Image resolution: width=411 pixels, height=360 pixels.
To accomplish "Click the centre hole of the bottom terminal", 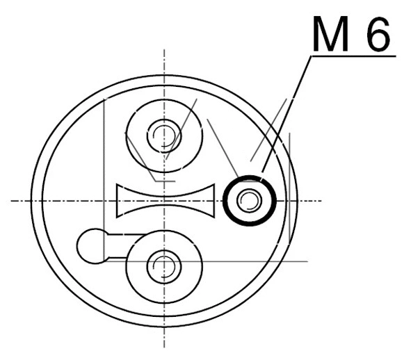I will coord(165,265).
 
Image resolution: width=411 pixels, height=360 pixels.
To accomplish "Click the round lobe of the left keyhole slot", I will coord(90,245).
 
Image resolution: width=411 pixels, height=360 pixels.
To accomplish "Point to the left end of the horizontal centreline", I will coord(12,202).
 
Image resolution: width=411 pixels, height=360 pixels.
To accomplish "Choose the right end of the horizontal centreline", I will coord(321,202).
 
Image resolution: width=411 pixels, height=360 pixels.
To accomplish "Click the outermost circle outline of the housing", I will coord(31,202).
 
